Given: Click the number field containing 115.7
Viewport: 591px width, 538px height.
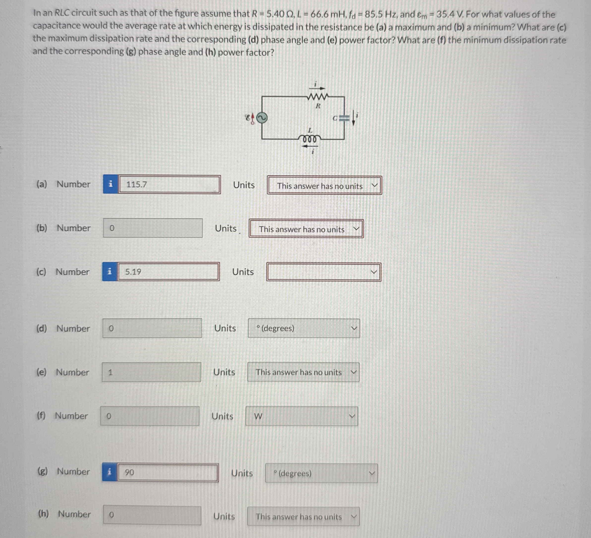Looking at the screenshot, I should coord(169,184).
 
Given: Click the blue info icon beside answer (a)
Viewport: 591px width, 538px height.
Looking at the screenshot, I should coord(111,184).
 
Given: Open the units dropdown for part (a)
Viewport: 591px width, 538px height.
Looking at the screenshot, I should coord(324,186).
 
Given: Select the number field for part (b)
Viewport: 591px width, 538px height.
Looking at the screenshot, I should coord(153,228).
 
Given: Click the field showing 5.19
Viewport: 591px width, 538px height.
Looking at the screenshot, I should coord(168,272).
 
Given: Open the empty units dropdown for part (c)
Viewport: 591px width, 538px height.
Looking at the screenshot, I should coord(323,272).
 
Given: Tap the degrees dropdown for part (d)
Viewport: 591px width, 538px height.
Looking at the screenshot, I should coord(304,328).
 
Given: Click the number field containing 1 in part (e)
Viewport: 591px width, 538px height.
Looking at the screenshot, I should coord(151,372).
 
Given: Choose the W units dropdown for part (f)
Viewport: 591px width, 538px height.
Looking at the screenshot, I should coord(302,416).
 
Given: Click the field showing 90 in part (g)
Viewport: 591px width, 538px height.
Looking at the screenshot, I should coord(168,472).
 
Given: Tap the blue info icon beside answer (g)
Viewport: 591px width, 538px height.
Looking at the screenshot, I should coord(110,472).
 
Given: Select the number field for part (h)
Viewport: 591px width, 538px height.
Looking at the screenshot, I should coord(152,515).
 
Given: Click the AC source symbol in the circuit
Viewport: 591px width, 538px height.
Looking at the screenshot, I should coord(261,118).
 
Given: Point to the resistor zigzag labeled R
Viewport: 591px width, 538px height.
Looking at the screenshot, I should coord(317,96).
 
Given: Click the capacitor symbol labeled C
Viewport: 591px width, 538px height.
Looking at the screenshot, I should coord(345,118).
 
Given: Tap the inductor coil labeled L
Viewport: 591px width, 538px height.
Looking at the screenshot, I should coord(310,138).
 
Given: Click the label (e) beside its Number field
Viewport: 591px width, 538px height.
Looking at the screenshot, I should coord(41,372).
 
